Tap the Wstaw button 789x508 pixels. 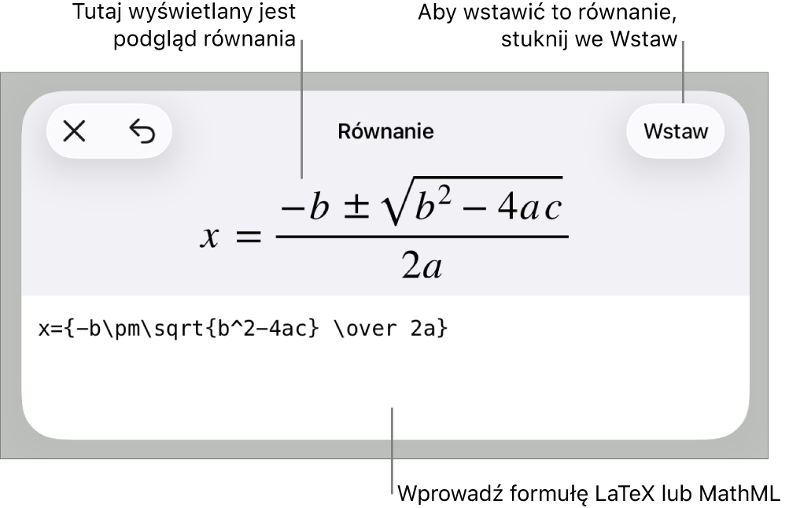675,131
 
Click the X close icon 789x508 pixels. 75,132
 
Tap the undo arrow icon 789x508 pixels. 142,132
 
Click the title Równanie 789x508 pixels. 385,131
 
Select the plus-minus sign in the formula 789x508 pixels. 356,208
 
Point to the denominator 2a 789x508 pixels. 422,266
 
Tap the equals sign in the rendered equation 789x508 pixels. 249,236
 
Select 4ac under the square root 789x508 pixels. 529,207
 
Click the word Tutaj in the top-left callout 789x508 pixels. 97,12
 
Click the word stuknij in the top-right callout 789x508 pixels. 534,39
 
